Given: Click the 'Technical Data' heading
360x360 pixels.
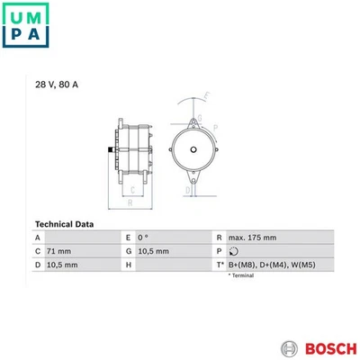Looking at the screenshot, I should pos(65,223).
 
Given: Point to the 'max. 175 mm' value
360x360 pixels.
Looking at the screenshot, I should pos(251,237).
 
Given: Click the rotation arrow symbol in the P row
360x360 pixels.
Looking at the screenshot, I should pos(232,251).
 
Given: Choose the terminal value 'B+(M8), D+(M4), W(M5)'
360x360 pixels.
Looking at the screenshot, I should pos(272,265).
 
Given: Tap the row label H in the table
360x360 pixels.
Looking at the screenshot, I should pos(129,265).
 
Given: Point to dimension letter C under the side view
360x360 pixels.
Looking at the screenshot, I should pos(133,189).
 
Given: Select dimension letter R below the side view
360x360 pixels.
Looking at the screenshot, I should pos(131,203).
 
